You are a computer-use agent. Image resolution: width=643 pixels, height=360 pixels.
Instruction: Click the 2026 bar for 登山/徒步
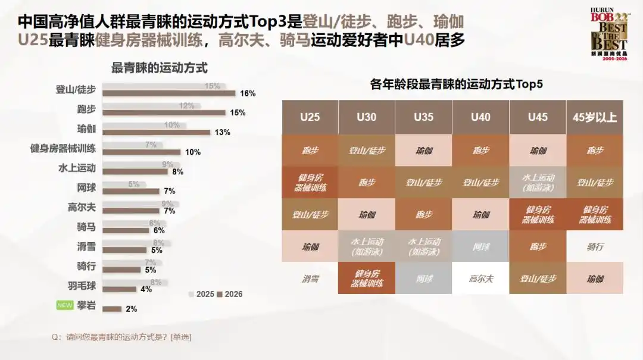(x=169, y=93)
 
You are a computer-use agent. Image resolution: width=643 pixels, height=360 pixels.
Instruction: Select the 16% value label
(x=248, y=93)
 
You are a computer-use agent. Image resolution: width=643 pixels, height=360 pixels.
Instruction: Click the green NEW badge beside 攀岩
(x=64, y=305)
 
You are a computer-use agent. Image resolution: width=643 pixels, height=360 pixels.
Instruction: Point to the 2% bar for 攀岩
(x=112, y=309)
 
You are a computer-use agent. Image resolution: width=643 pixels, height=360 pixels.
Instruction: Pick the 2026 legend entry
(x=229, y=294)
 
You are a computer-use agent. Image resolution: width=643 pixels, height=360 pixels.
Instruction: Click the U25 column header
(x=310, y=117)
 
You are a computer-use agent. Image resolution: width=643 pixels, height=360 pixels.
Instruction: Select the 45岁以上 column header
(x=594, y=117)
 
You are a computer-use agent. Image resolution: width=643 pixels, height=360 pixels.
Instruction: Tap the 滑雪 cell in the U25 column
(x=310, y=278)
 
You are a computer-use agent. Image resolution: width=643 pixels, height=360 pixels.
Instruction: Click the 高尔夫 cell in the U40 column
(x=480, y=278)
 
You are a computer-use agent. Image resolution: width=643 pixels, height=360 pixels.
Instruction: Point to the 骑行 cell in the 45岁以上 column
(x=594, y=246)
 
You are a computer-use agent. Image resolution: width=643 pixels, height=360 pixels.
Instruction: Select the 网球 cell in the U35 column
(x=423, y=278)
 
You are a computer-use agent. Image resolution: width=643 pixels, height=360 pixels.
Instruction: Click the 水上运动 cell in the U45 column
(x=538, y=182)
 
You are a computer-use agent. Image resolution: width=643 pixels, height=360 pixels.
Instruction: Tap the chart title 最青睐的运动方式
(x=159, y=68)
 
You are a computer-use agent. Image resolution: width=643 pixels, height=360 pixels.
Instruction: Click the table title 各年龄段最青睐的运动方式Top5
(x=456, y=84)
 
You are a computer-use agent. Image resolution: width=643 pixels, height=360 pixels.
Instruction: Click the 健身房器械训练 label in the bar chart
(x=63, y=148)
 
